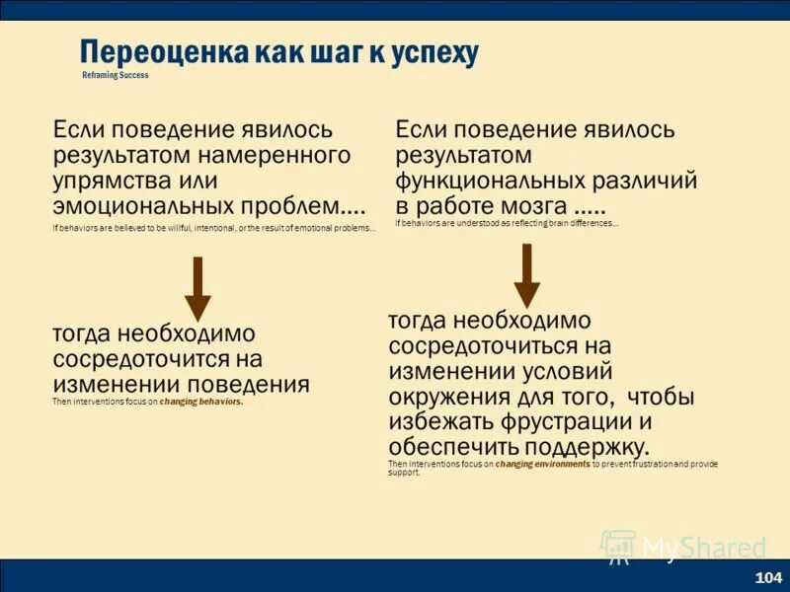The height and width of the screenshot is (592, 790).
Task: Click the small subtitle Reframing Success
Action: coord(116,76)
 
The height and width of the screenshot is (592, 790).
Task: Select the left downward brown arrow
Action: coord(197,288)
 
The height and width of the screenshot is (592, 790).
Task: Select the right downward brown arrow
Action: coord(527,275)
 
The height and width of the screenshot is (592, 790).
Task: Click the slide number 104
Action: coord(767,577)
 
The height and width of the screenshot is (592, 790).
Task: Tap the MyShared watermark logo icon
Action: coord(618,547)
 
